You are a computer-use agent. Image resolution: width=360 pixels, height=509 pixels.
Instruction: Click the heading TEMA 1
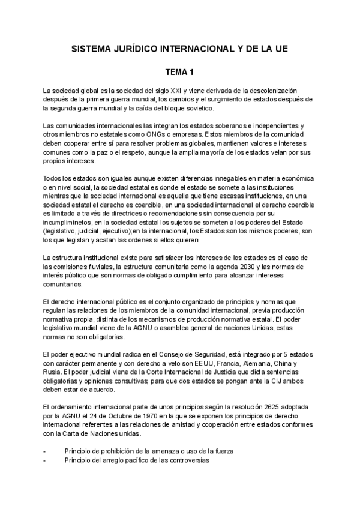tap(180, 73)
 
